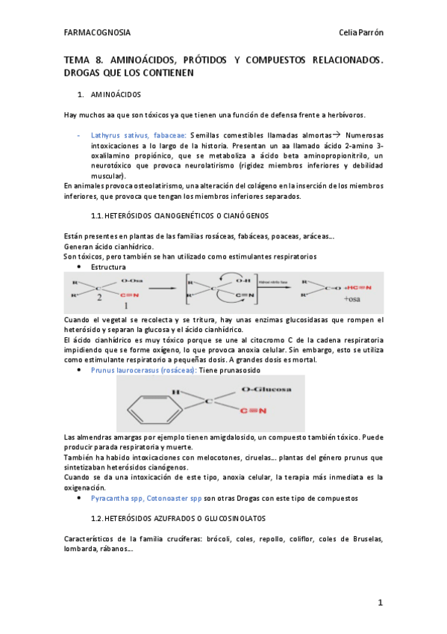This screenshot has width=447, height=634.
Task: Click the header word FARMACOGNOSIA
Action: coord(97,33)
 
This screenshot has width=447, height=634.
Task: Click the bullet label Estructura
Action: coord(108,266)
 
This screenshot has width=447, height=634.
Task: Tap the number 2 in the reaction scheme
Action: coord(98,297)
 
